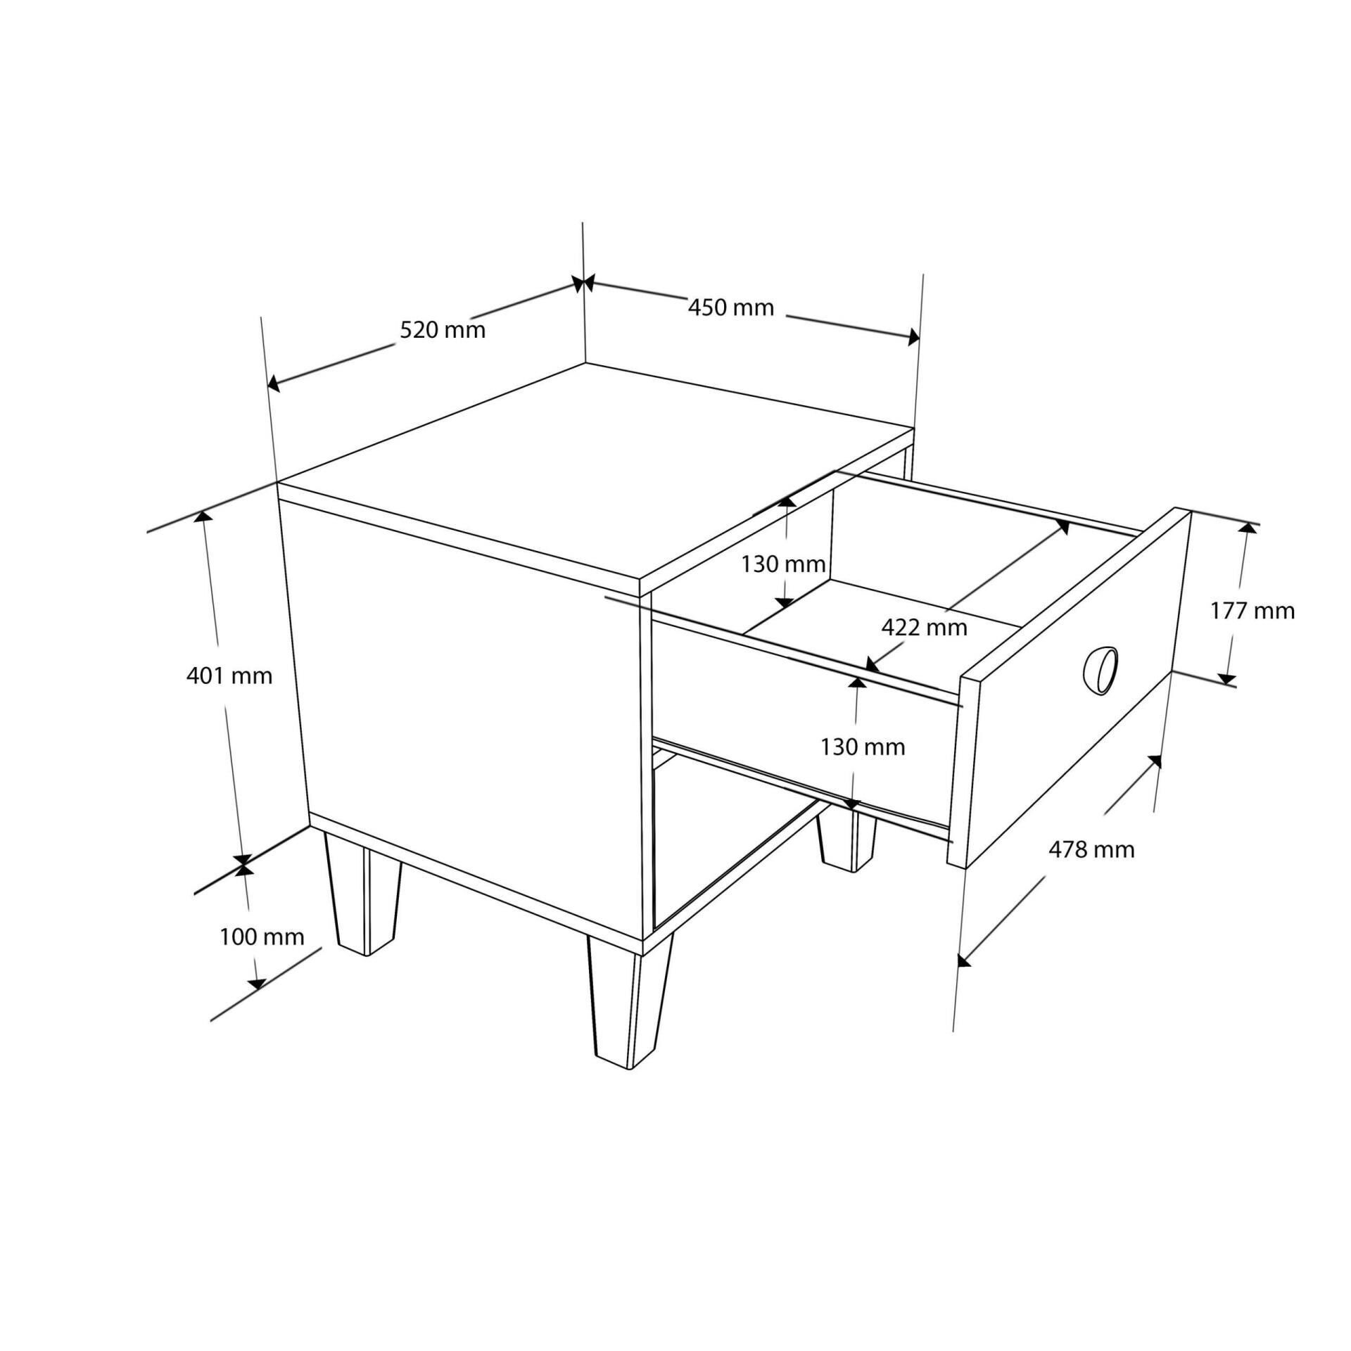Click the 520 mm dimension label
coord(443,329)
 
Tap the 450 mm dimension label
coord(730,307)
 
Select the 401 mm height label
coord(229,676)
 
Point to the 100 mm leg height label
coord(262,937)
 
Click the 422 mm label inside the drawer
coord(924,627)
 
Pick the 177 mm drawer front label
coord(1252,611)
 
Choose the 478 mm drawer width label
coord(1091,850)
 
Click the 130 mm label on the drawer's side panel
coord(863,747)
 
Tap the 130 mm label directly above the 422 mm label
coord(783,564)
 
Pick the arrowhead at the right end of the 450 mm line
coord(913,337)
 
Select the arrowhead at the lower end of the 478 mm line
coord(964,959)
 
